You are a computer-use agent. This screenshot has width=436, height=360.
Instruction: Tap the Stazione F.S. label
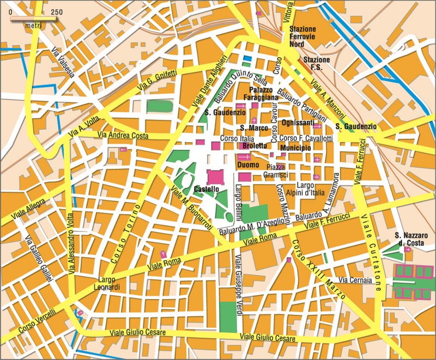[317, 63]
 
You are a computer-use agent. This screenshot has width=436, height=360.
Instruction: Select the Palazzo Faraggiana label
[264, 93]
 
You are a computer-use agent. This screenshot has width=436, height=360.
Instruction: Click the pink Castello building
[216, 177]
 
